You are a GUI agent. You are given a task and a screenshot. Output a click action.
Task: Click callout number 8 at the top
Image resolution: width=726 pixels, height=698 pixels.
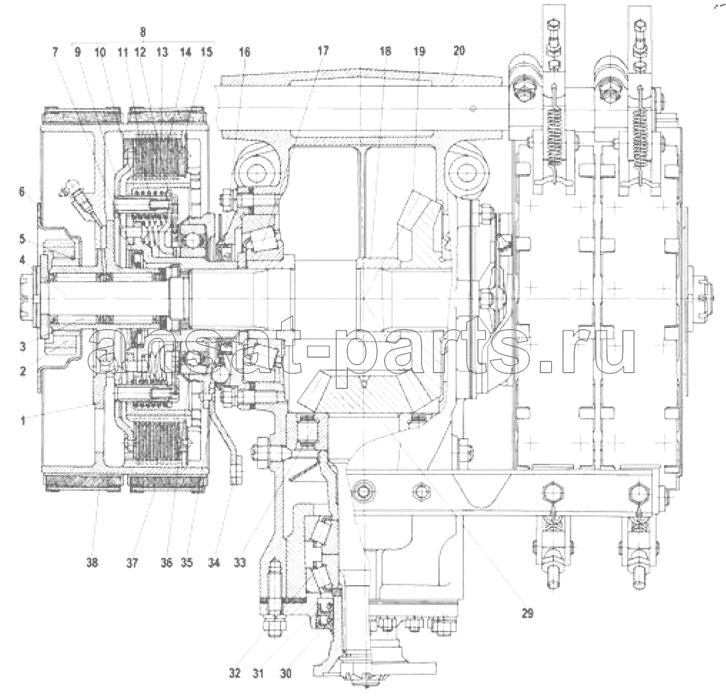143,32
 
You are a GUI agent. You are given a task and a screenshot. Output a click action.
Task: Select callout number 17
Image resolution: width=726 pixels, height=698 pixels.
323,50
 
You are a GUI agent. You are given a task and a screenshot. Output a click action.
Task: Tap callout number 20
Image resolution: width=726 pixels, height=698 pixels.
459,50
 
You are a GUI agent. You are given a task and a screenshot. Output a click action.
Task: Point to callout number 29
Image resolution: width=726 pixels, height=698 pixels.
527,614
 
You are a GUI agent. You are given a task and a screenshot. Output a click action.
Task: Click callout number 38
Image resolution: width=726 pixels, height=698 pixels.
92,563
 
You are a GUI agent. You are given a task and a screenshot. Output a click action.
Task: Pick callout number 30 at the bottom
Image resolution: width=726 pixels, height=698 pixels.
286,673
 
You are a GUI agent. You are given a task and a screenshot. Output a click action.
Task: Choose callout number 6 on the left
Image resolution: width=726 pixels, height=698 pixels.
22,191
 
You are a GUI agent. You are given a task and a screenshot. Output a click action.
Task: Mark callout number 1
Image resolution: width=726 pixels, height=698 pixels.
22,420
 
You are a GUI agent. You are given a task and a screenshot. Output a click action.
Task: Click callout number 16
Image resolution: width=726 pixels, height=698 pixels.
244,52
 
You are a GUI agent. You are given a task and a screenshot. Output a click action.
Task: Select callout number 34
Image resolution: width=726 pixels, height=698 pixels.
214,563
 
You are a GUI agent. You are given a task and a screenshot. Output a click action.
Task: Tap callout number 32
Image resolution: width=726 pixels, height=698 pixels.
235,673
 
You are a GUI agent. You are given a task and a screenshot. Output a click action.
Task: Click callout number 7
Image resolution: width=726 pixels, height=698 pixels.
55,52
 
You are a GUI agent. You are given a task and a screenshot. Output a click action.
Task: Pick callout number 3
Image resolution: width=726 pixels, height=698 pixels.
22,346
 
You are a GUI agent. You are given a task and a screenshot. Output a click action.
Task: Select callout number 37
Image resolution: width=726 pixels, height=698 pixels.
133,563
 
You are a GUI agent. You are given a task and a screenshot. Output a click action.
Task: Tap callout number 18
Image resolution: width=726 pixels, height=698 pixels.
385,51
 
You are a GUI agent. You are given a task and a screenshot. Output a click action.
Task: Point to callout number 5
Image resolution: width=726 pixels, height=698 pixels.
22,240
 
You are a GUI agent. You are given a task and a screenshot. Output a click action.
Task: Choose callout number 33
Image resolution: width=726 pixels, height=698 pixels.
240,563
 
